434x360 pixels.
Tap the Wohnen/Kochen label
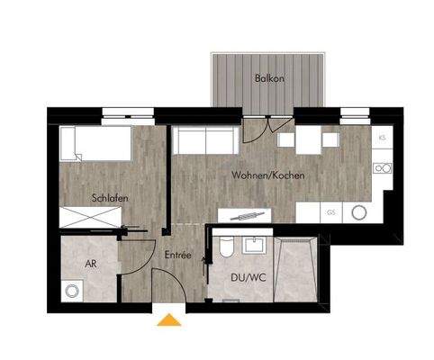click(267, 175)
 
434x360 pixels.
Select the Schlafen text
click(109, 198)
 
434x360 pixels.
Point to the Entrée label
click(177, 256)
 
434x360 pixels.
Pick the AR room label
click(91, 265)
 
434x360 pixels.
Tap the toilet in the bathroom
click(225, 247)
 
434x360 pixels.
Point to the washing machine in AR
click(71, 292)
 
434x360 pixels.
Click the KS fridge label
click(383, 137)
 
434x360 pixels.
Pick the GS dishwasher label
click(331, 212)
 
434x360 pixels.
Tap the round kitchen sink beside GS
click(360, 213)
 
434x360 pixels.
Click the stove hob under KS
click(383, 168)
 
